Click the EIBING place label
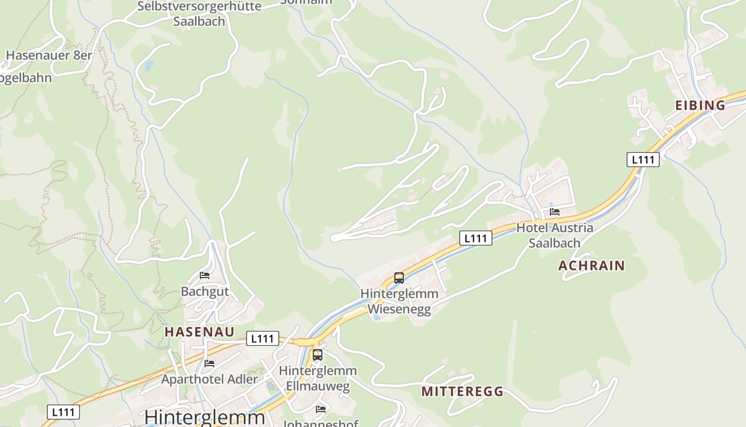tap(700, 105)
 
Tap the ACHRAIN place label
tap(591, 265)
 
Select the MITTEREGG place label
tap(463, 391)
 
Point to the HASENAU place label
tap(199, 331)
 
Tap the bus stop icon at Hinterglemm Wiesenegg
tap(399, 278)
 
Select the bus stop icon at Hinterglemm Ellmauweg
tap(318, 354)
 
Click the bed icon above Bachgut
tap(205, 275)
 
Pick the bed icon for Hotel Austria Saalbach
tap(555, 212)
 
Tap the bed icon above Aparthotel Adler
tap(209, 363)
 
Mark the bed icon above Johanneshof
tap(321, 409)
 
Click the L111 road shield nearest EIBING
tap(643, 159)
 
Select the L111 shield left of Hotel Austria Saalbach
tap(475, 238)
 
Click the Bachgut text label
tap(205, 291)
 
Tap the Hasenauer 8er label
tap(49, 55)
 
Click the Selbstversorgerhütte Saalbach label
tap(199, 14)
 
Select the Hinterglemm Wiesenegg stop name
tap(399, 302)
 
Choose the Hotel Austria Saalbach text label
tap(555, 235)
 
